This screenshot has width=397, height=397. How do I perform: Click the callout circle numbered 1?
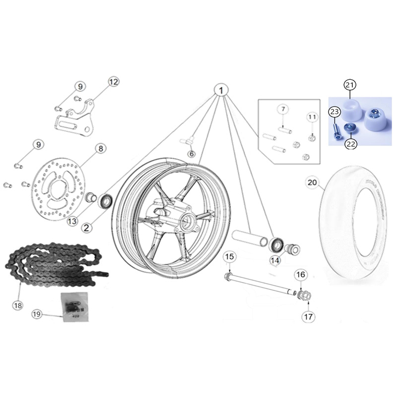pos(221,90)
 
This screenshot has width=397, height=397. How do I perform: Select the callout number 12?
pos(114,82)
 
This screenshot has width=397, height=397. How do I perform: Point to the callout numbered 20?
pos(312,183)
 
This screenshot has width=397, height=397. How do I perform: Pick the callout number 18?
pos(18,305)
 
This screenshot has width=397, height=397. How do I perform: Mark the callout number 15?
pos(229,257)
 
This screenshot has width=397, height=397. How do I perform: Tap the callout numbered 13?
pos(73,221)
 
